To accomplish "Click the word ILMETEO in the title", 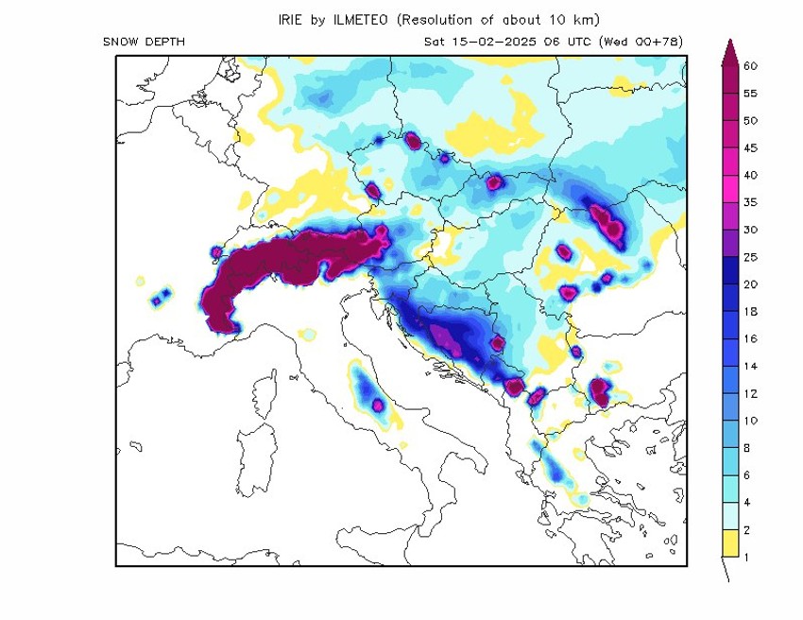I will [x=361, y=19].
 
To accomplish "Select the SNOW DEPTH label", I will [x=144, y=42].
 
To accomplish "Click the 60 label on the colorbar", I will [x=750, y=66].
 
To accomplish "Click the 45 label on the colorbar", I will [x=750, y=148].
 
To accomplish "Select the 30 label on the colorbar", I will [x=750, y=230].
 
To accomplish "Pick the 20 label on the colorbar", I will [x=750, y=284].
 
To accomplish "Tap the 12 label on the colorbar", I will [x=750, y=393].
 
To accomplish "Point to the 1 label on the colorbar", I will [x=747, y=557].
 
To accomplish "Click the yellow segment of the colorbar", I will [x=728, y=543].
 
